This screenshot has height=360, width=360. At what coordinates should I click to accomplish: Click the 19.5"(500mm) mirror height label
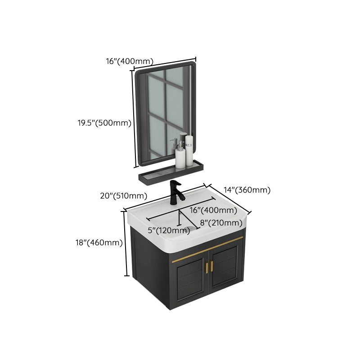tap(103, 123)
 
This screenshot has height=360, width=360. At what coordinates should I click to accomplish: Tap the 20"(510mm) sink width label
tap(123, 196)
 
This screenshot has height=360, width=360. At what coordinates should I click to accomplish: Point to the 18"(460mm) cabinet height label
tap(99, 243)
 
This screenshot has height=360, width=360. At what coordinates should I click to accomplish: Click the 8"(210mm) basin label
tap(218, 222)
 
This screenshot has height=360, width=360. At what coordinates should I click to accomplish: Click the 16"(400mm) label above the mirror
tap(130, 61)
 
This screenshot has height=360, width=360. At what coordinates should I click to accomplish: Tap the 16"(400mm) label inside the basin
tap(207, 210)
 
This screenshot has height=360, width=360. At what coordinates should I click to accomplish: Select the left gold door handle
tap(207, 266)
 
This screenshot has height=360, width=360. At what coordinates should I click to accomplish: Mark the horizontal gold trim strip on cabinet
tap(207, 252)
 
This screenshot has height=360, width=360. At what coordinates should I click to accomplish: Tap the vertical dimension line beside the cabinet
tap(126, 243)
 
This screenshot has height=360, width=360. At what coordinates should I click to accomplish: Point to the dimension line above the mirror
tap(165, 63)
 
